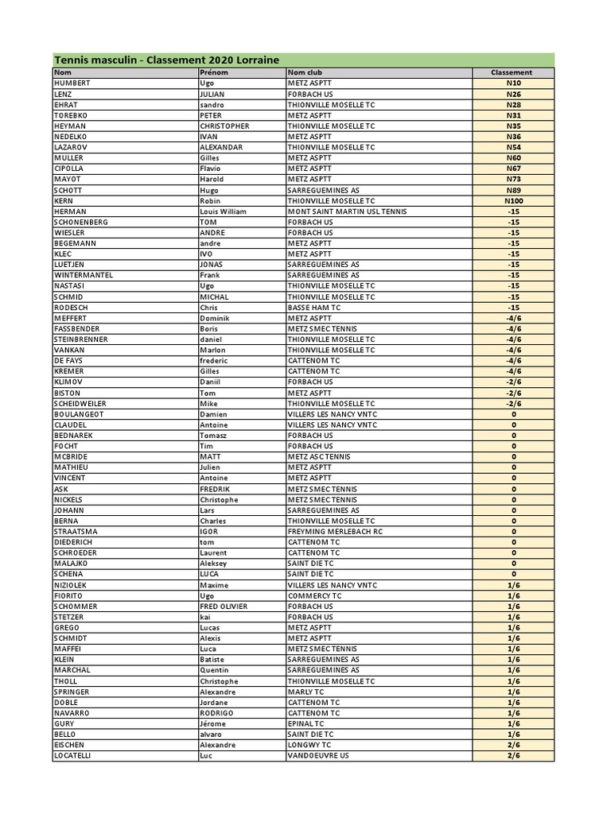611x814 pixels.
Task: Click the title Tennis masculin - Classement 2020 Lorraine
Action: (x=167, y=60)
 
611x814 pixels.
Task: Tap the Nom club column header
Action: (x=305, y=72)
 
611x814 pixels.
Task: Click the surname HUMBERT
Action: (x=72, y=83)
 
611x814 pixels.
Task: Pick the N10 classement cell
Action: (x=513, y=83)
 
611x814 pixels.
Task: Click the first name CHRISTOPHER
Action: (x=224, y=126)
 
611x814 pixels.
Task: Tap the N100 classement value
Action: (x=513, y=200)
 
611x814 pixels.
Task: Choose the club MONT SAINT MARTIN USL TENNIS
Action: (x=347, y=211)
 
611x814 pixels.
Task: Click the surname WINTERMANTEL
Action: (x=84, y=275)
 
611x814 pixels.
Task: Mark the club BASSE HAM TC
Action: (x=314, y=307)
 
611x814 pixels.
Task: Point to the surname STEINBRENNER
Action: (x=81, y=339)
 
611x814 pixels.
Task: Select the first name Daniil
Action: (x=211, y=382)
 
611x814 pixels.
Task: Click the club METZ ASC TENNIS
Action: (x=319, y=456)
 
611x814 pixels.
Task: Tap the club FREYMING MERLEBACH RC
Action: (x=335, y=531)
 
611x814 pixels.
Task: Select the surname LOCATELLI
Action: (x=72, y=755)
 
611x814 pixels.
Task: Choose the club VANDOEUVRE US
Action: (x=318, y=755)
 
